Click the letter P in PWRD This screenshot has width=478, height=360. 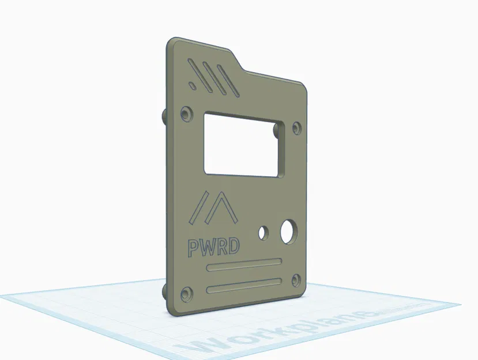coord(194,247)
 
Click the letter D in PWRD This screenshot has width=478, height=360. coord(234,247)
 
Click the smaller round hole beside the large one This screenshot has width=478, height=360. coord(264,232)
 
